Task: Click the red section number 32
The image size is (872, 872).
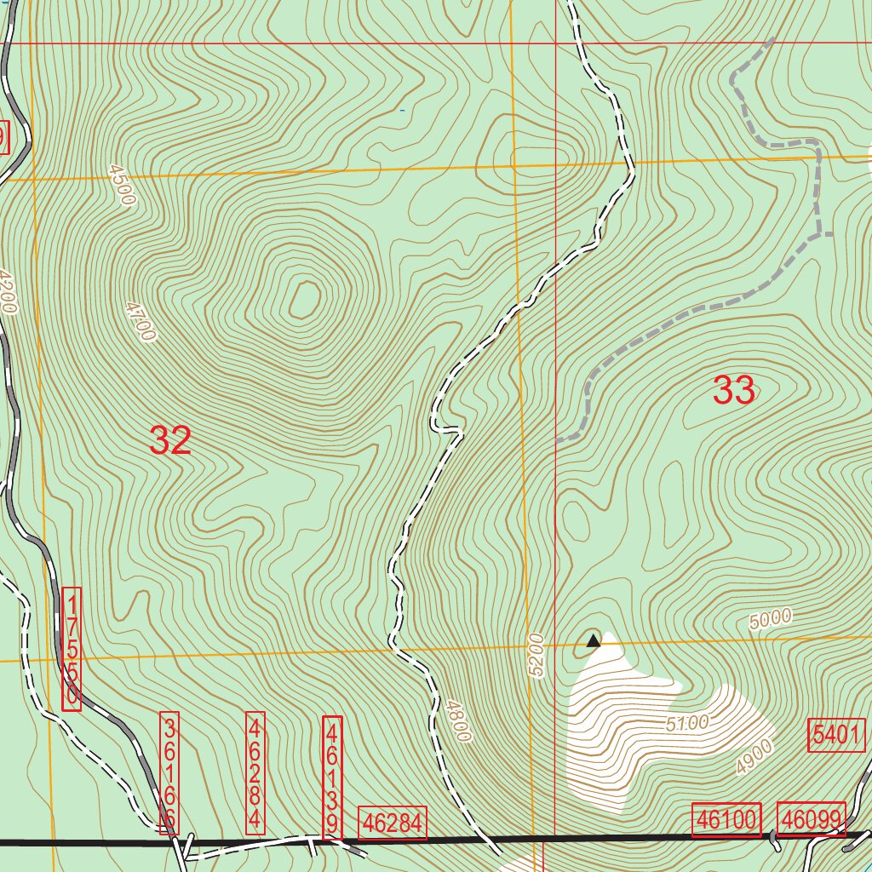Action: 170,440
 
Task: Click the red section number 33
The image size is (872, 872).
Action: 733,391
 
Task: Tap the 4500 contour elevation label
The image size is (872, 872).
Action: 122,186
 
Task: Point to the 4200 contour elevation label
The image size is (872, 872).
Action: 9,293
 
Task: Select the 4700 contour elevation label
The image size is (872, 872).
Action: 141,321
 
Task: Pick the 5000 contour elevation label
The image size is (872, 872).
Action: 771,619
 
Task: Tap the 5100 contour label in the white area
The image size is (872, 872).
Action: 687,724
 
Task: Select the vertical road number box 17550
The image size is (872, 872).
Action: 72,648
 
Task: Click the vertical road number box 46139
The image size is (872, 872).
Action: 332,777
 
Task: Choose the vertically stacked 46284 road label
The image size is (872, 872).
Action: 255,772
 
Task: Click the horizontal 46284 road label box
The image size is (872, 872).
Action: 393,823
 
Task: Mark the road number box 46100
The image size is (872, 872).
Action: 726,820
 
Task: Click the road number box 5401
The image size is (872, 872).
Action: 836,735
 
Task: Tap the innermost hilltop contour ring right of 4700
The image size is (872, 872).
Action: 304,300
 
